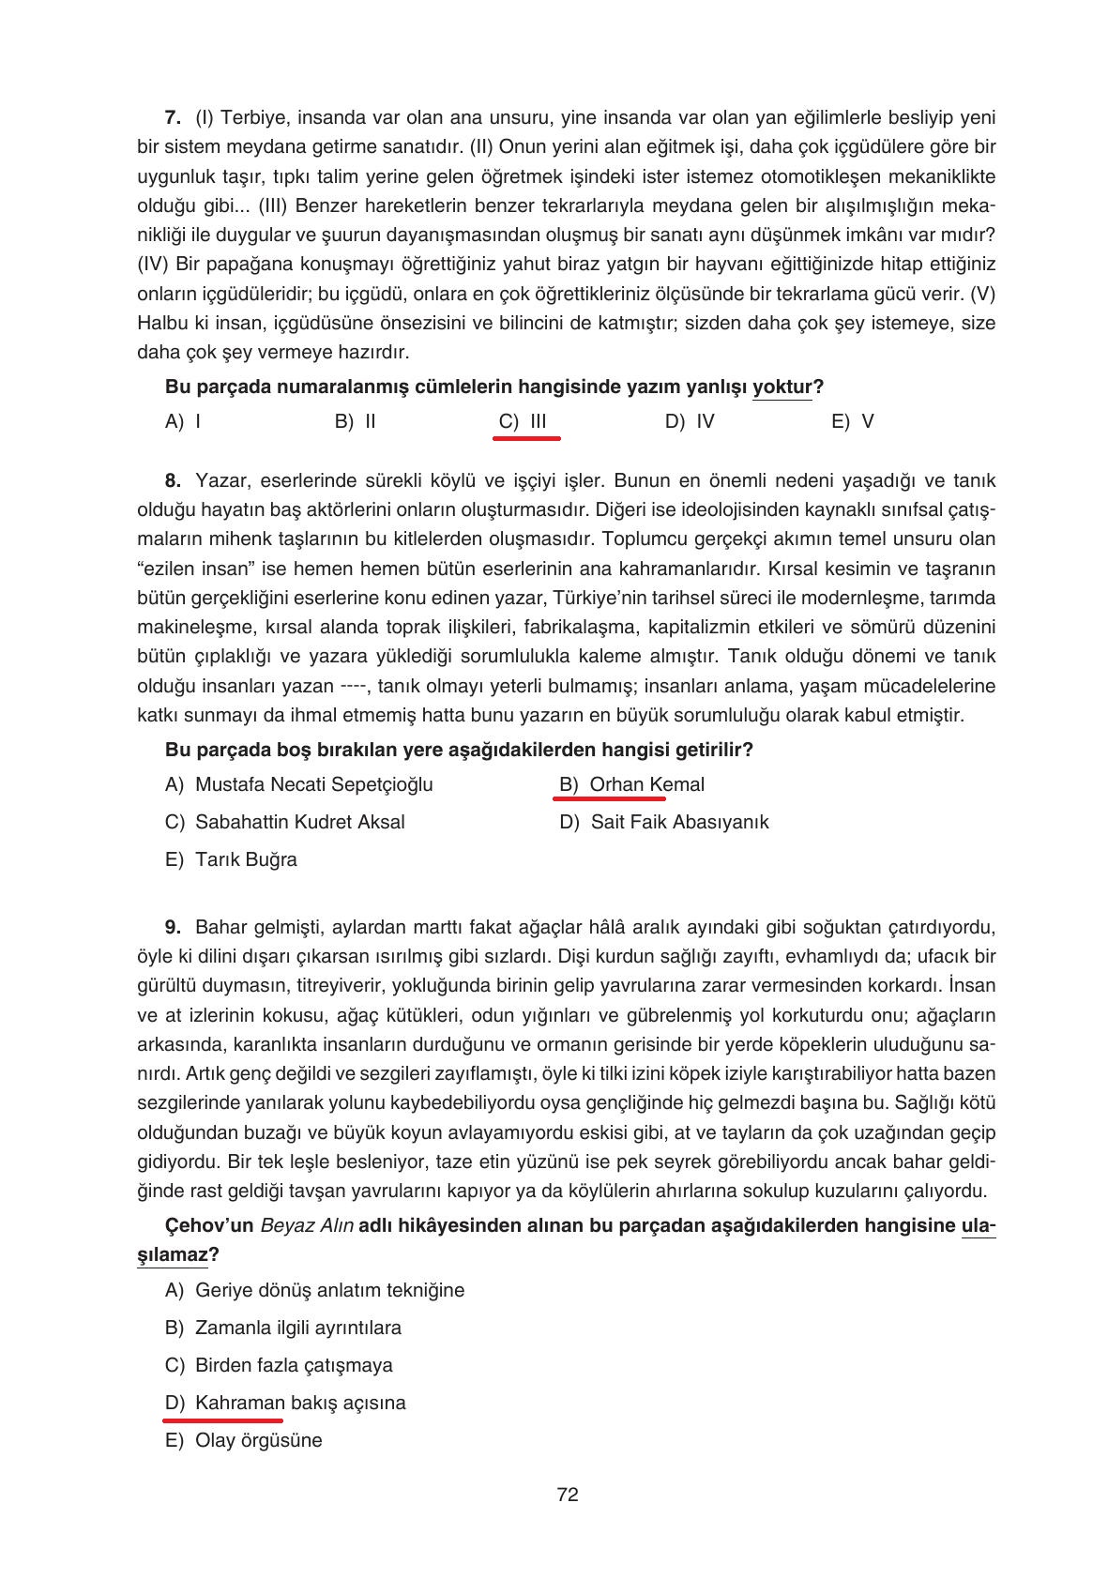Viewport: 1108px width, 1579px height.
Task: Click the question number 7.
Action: [172, 117]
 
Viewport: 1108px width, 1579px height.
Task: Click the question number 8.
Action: [172, 481]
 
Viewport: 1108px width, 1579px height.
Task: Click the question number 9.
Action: [172, 928]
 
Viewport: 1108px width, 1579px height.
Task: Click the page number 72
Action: [567, 1495]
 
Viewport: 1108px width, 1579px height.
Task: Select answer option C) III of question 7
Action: [524, 421]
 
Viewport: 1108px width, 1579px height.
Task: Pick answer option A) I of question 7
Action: [183, 421]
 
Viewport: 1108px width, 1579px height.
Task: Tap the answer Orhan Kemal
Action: [646, 784]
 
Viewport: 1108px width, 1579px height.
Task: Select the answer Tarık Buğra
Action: [246, 859]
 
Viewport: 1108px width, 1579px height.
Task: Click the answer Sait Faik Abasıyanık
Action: [679, 822]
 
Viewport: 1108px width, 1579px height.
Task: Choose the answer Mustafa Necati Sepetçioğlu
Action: [313, 784]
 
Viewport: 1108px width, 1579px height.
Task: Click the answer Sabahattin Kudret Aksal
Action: [299, 822]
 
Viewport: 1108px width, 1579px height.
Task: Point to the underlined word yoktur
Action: [782, 387]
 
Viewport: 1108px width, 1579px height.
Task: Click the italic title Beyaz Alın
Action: [306, 1225]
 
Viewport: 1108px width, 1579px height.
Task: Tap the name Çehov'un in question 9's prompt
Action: [209, 1225]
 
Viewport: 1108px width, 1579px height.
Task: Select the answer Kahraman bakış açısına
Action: [299, 1403]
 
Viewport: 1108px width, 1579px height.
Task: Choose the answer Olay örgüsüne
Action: [258, 1440]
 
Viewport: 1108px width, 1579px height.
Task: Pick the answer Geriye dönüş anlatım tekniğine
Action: [329, 1290]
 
